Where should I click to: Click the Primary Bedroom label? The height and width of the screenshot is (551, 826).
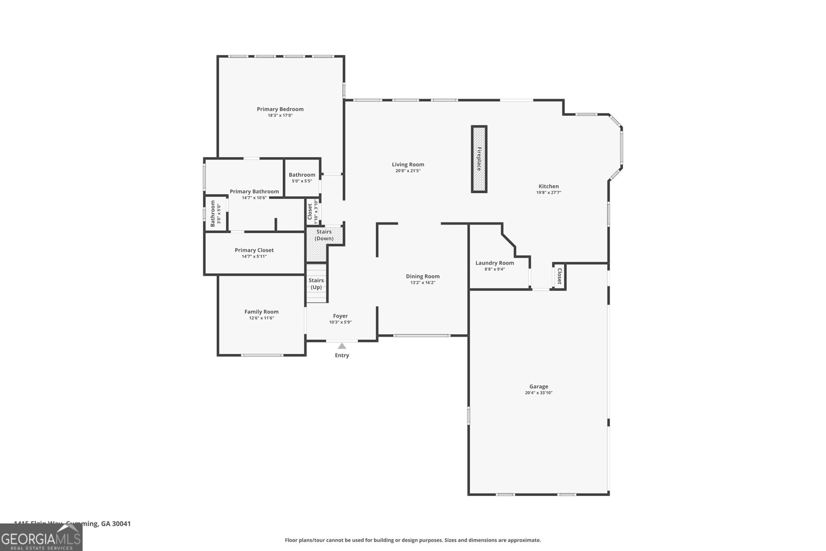click(x=280, y=109)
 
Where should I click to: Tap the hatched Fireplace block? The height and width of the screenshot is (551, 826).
click(x=479, y=159)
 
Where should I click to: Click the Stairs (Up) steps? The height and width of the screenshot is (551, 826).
click(x=316, y=284)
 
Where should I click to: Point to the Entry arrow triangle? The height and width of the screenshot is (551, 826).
click(x=342, y=346)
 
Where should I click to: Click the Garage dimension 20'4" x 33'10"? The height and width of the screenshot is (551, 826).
click(x=538, y=393)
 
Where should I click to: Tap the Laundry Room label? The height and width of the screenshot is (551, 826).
click(x=495, y=263)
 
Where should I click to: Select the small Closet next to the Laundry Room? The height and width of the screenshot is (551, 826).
click(x=559, y=276)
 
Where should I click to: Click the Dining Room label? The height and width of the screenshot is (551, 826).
click(x=422, y=276)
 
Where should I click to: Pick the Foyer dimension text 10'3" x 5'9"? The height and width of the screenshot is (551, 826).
click(x=340, y=322)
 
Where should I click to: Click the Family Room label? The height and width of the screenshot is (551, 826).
click(x=261, y=311)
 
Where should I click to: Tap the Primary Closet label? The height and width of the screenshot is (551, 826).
click(x=254, y=250)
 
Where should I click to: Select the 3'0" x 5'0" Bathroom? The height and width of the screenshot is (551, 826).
click(x=215, y=213)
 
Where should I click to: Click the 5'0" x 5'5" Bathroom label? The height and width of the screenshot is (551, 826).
click(x=301, y=175)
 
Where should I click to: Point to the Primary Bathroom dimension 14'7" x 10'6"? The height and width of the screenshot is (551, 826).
click(x=254, y=198)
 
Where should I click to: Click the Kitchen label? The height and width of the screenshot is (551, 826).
click(x=548, y=186)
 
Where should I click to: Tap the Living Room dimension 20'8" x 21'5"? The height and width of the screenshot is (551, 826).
click(x=408, y=171)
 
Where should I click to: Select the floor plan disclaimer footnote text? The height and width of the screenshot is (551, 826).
click(x=412, y=540)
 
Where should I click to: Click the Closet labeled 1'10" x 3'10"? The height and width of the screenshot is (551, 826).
click(x=313, y=211)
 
